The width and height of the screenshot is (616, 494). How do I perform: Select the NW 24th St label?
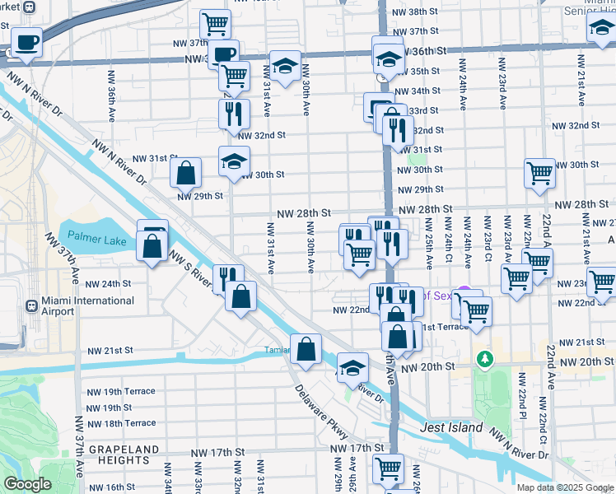pos(109,283)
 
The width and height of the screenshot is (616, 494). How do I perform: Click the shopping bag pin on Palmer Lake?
pos(152,245)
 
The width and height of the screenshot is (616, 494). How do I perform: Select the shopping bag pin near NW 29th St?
pos(186,173)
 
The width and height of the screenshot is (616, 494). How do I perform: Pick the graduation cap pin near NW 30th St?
pos(234,161)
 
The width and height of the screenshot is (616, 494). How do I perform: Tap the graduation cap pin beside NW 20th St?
pos(352,367)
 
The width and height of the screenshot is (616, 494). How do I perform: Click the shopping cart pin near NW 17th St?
pos(388,468)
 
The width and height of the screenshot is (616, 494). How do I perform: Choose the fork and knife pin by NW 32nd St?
pos(234,113)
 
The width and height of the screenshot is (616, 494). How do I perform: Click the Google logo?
pos(29,485)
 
